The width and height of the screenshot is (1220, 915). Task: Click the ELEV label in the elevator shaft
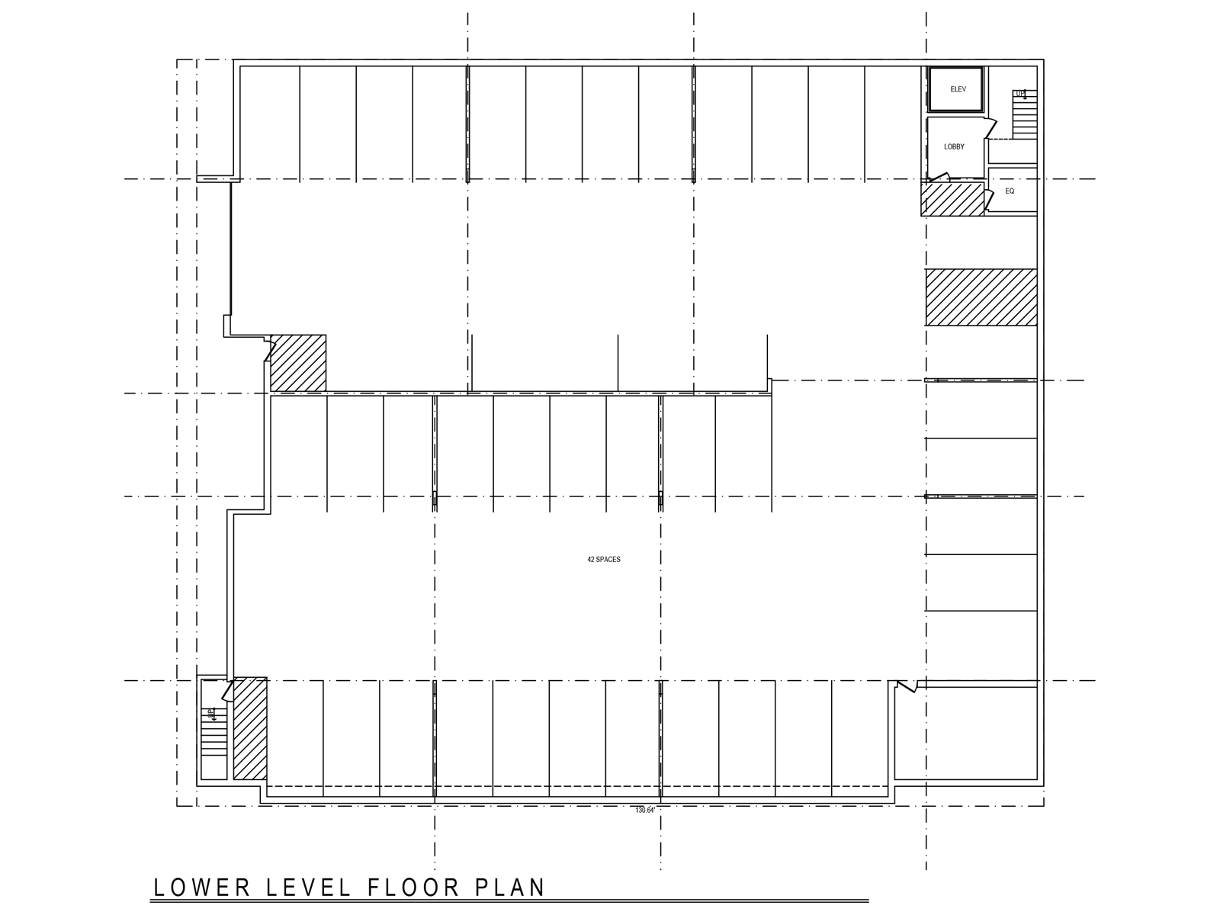pyautogui.click(x=958, y=89)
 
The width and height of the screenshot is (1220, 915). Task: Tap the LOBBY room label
pyautogui.click(x=954, y=146)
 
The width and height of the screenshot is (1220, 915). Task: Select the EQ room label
pyautogui.click(x=1010, y=191)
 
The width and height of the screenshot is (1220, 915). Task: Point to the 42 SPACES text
pyautogui.click(x=604, y=560)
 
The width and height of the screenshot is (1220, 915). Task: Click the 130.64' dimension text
pyautogui.click(x=645, y=810)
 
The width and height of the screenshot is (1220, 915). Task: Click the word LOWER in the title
pyautogui.click(x=202, y=888)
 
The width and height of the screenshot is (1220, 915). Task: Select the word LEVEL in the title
pyautogui.click(x=306, y=888)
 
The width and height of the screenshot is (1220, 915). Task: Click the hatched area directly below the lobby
pyautogui.click(x=953, y=199)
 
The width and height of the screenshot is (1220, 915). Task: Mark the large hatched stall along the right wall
pyautogui.click(x=981, y=297)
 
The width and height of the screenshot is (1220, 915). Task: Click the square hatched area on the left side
pyautogui.click(x=299, y=363)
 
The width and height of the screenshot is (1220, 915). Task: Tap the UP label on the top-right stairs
pyautogui.click(x=1020, y=95)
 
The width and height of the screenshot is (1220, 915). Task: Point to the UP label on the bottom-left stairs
pyautogui.click(x=210, y=714)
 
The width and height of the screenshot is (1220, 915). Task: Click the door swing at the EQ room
pyautogui.click(x=989, y=200)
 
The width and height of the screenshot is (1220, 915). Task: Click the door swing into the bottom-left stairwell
pyautogui.click(x=226, y=691)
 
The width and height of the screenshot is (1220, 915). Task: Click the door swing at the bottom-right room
pyautogui.click(x=906, y=688)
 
